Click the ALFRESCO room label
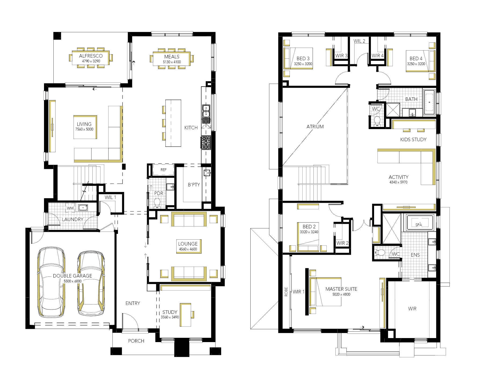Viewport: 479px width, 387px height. pyautogui.click(x=91, y=56)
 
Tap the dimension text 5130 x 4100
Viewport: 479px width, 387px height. pyautogui.click(x=172, y=62)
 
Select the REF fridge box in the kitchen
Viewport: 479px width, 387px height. pyautogui.click(x=163, y=170)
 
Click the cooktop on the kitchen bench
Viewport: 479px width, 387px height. pyautogui.click(x=206, y=143)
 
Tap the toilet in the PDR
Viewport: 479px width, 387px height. pyautogui.click(x=157, y=203)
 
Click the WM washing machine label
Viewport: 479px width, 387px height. pyautogui.click(x=70, y=208)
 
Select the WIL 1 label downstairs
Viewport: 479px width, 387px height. pyautogui.click(x=110, y=197)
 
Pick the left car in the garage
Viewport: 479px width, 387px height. pyautogui.click(x=51, y=282)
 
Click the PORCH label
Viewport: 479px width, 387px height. pyautogui.click(x=136, y=341)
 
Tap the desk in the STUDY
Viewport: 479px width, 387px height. pyautogui.click(x=185, y=315)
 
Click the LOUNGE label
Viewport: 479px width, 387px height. pyautogui.click(x=188, y=244)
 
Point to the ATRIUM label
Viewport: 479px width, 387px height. pyautogui.click(x=315, y=127)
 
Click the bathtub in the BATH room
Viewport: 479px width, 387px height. pyautogui.click(x=429, y=102)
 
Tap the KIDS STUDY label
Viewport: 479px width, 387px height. pyautogui.click(x=413, y=140)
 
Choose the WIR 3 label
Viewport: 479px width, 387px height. pyautogui.click(x=341, y=56)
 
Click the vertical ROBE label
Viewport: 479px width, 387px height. pyautogui.click(x=286, y=292)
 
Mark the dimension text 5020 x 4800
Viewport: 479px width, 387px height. pyautogui.click(x=341, y=294)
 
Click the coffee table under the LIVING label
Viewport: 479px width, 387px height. pyautogui.click(x=85, y=127)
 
